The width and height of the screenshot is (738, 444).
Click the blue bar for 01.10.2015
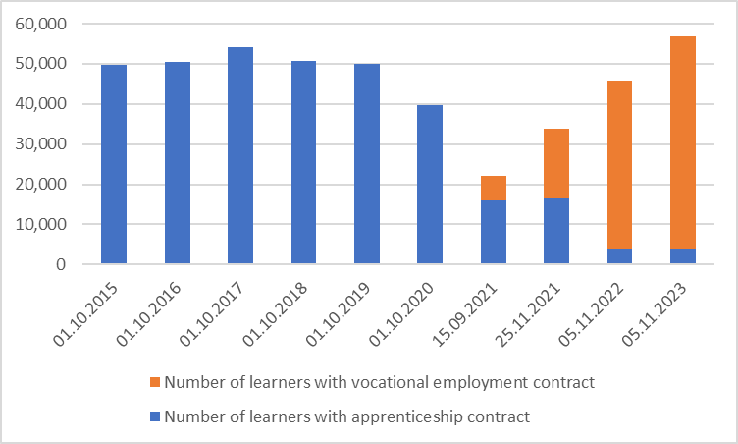[x=114, y=164]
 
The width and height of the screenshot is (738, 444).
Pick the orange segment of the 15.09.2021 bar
[x=494, y=188]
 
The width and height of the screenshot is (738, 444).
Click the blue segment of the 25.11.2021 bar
[x=556, y=231]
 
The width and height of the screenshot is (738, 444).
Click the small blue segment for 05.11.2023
[x=683, y=256]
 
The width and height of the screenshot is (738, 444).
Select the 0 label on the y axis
[x=61, y=265]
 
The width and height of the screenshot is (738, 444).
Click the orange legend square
[x=155, y=383]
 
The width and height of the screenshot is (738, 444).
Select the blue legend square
[x=155, y=416]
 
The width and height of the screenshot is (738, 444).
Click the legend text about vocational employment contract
[x=380, y=383]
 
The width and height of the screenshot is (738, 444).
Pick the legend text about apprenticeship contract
[x=347, y=416]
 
